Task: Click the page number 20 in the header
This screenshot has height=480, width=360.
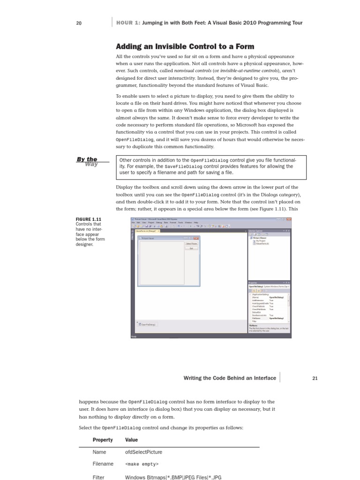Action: (x=79, y=23)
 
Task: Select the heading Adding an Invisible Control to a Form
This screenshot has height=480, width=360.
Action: (x=185, y=46)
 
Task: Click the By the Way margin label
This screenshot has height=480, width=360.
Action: (x=88, y=161)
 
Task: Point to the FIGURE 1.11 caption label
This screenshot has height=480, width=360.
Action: (x=89, y=219)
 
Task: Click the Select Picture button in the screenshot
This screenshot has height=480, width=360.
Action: (x=191, y=244)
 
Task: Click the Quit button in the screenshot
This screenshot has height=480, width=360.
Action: (x=191, y=248)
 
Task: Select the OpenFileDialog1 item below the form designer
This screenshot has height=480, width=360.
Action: (x=148, y=324)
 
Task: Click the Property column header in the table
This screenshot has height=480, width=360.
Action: (x=103, y=440)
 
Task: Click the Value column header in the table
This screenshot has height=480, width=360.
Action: (x=131, y=440)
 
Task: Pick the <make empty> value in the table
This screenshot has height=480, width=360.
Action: (x=142, y=464)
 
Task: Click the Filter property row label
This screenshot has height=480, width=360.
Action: (x=99, y=477)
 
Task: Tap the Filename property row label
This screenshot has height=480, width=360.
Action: (x=103, y=464)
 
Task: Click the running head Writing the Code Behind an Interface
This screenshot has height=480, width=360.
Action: (x=230, y=378)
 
